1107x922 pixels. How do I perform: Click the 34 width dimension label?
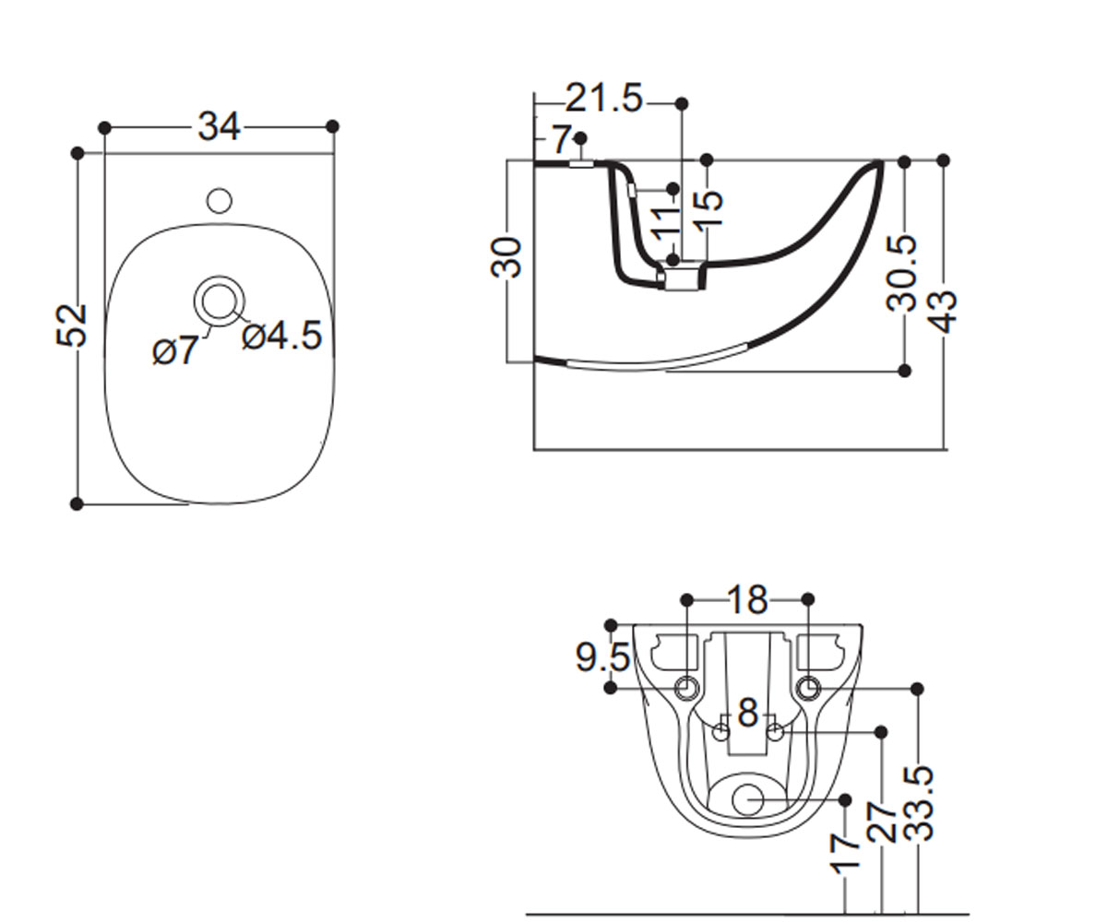coord(219,127)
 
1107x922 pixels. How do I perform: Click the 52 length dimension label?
coord(72,325)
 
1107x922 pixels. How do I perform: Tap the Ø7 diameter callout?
coord(174,350)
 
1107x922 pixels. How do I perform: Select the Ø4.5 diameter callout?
coord(282,336)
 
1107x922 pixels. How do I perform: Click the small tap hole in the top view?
coord(219,201)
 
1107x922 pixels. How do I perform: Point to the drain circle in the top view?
coord(219,301)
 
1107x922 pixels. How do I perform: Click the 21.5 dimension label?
coord(604,98)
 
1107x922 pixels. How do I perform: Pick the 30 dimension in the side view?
coord(506,257)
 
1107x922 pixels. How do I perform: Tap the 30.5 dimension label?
coord(900,273)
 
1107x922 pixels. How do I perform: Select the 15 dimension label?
coord(708,209)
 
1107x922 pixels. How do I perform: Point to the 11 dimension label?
coord(666,225)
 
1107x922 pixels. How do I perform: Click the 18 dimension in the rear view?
coord(748,599)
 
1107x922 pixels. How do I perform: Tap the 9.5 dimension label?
coord(602,657)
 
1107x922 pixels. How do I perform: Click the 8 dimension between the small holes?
coord(748,713)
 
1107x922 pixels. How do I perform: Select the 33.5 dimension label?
coord(918,803)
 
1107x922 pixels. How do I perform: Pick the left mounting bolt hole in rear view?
coord(686,689)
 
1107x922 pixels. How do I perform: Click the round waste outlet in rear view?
coord(747,800)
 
